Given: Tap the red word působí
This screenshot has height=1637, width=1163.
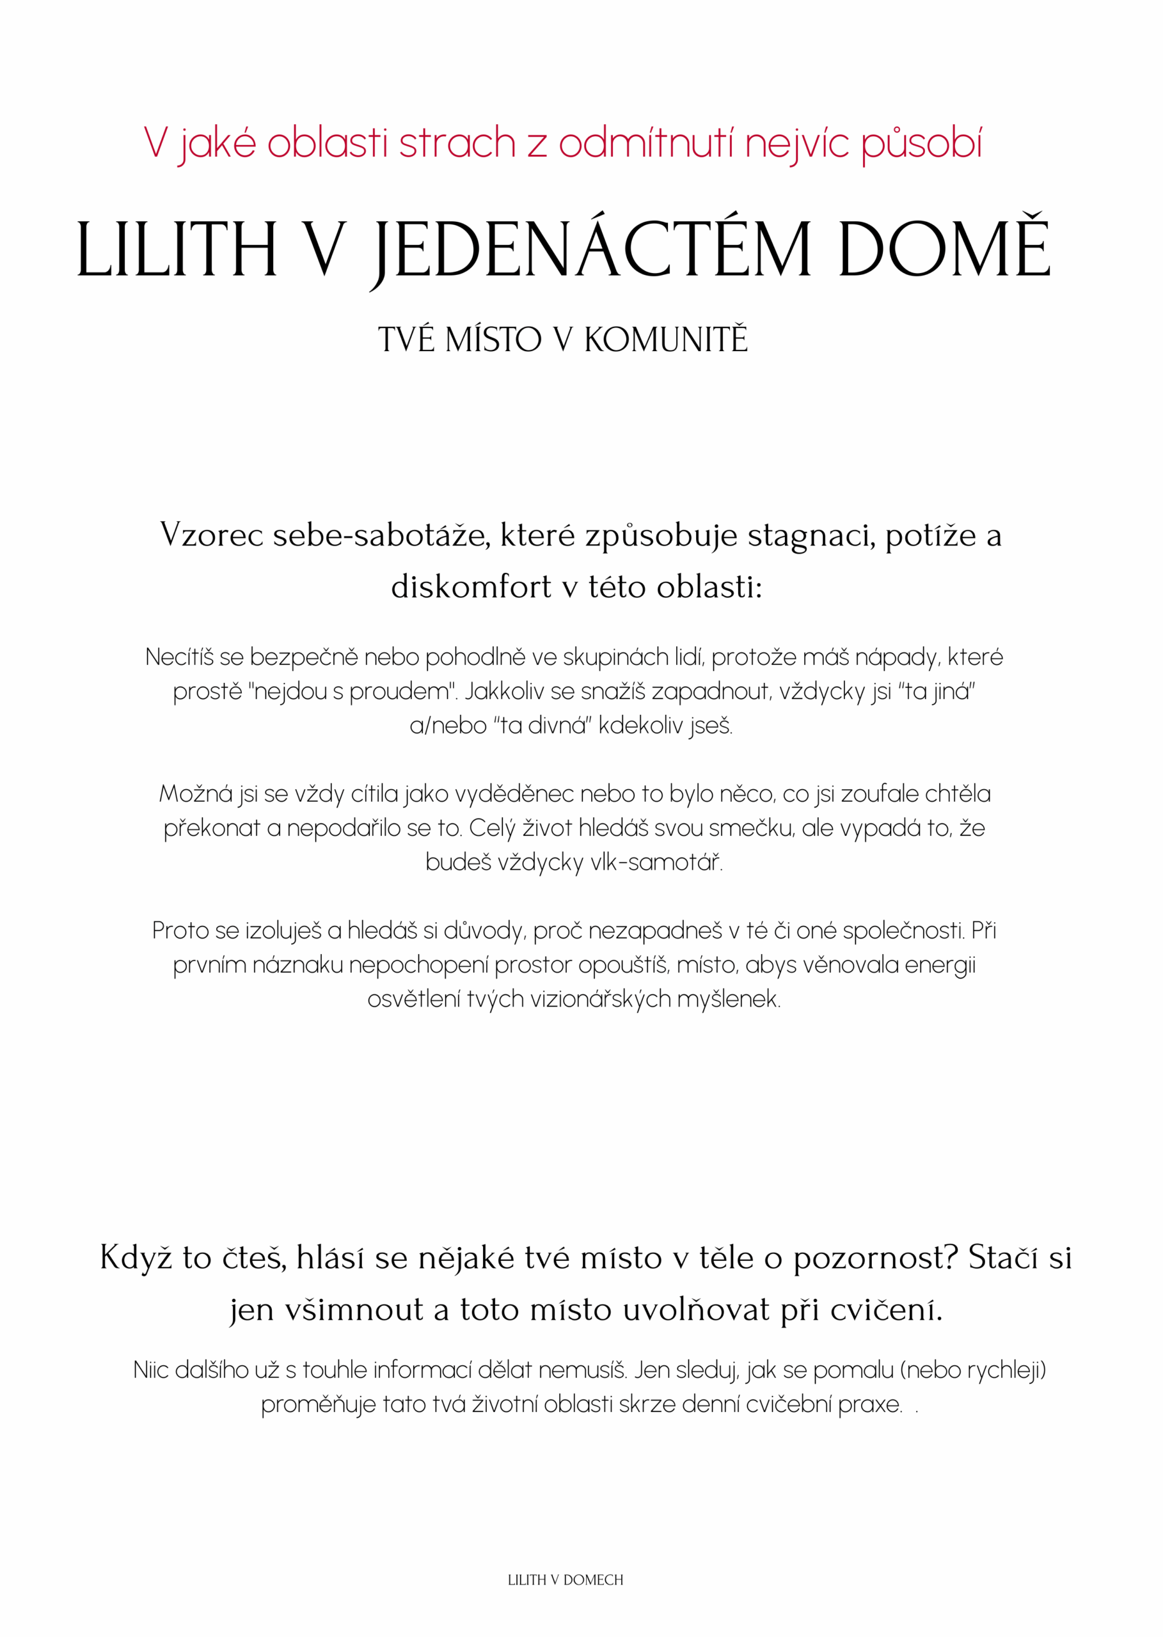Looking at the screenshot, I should point(921,145).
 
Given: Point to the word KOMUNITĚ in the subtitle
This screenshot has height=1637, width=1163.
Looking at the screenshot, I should point(666,340).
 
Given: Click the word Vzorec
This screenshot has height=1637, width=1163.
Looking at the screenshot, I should point(212,535).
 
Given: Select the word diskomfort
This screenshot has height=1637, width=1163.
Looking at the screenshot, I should point(470,587).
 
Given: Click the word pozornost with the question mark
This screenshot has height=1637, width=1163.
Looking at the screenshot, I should point(875,1258).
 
